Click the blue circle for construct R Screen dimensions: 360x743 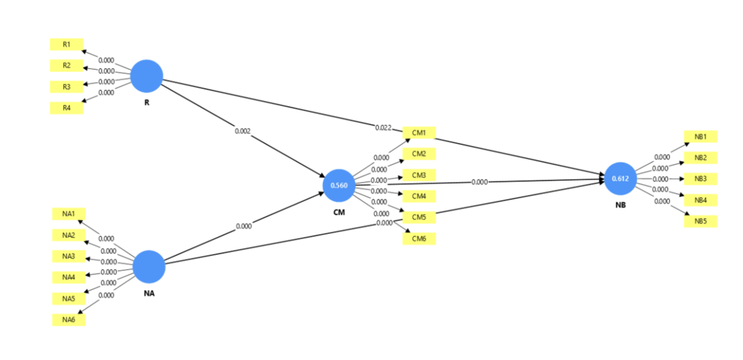pos(147,75)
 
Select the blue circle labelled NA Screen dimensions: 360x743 pos(149,266)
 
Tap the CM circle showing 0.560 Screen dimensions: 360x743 pos(339,185)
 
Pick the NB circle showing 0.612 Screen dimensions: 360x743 pos(620,179)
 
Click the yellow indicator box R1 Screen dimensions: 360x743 pos(67,44)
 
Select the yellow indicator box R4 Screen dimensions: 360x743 pos(67,108)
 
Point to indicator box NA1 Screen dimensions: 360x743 pos(69,213)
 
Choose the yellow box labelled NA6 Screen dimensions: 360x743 pos(69,320)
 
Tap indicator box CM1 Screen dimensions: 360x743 pos(419,132)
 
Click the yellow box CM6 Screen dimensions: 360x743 pos(419,239)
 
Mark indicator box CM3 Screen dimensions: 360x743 pos(419,175)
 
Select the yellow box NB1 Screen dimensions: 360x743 pos(700,136)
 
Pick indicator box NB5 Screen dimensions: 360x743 pos(700,221)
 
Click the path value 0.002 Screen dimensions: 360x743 pos(243,131)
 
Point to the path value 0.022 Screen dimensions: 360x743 pos(384,128)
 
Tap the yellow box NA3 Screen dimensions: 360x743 pos(69,256)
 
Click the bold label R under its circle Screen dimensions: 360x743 pos(147,102)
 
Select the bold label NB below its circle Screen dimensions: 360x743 pos(620,205)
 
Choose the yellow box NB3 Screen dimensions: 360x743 pos(700,179)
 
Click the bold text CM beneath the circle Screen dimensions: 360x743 pos(339,212)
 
